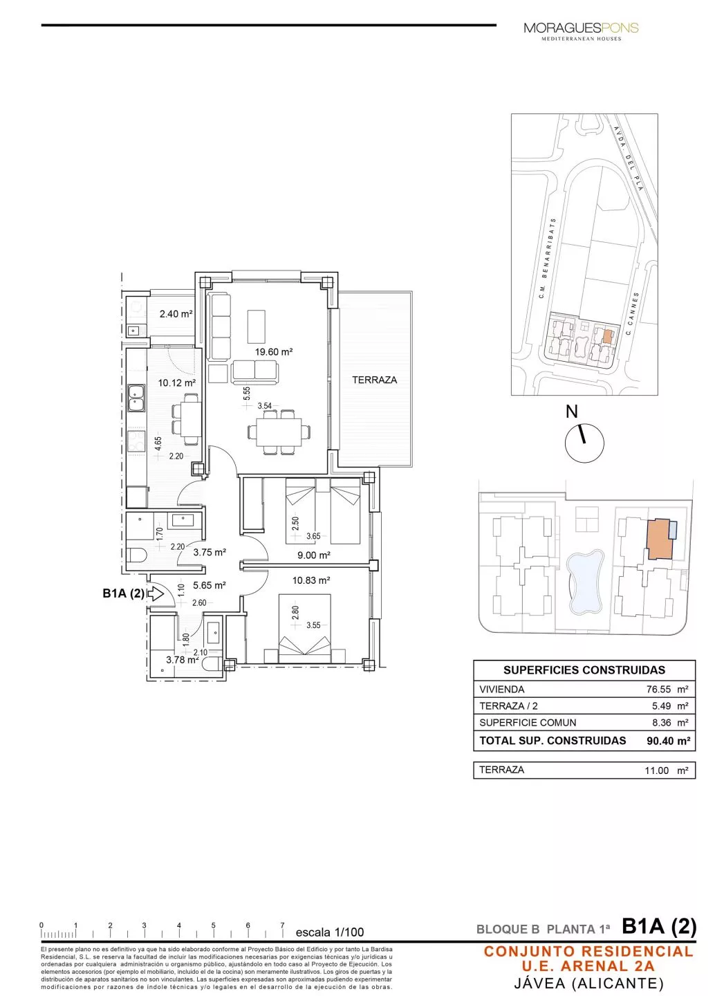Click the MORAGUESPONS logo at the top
click(581, 29)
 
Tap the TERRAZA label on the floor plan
click(374, 380)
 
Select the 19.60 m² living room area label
click(274, 352)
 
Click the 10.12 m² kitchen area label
click(176, 382)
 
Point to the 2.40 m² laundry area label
click(176, 314)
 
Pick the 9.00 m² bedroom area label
click(313, 555)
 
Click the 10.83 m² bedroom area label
click(310, 580)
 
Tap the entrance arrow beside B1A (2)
click(155, 593)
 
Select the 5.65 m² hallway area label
click(210, 585)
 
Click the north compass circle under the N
click(584, 443)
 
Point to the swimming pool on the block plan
click(584, 581)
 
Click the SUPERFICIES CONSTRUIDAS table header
click(584, 670)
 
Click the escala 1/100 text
click(329, 932)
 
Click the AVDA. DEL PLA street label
click(629, 158)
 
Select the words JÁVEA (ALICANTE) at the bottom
click(588, 983)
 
